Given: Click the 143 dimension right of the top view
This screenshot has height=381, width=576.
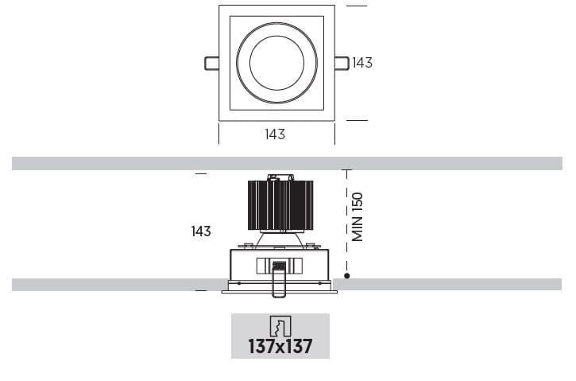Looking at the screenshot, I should click(362, 63).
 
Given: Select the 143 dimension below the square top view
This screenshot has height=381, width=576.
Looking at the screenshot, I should click(275, 134).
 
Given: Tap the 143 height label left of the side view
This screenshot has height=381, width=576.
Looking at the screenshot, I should click(201, 231).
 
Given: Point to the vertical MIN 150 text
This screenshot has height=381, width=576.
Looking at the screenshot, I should click(358, 216).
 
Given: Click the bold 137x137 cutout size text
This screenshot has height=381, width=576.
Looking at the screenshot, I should click(280, 347).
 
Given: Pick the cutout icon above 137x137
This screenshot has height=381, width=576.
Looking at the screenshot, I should click(280, 325).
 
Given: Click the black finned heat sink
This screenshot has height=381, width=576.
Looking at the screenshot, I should click(280, 205).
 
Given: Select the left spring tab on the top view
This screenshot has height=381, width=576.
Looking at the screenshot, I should click(211, 63).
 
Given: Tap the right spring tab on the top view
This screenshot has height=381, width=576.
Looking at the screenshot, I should click(342, 63).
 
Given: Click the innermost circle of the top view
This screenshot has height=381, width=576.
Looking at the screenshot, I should click(276, 63).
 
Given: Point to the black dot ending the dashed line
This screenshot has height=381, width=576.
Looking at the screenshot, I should click(347, 275).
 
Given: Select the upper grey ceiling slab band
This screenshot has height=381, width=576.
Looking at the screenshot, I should click(286, 164).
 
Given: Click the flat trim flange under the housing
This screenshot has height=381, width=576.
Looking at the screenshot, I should click(280, 290).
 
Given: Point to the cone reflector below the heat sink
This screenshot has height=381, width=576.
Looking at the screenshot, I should click(280, 238).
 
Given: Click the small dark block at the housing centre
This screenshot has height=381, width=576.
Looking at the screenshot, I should click(279, 266).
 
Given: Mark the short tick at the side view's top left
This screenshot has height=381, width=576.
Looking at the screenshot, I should click(200, 173).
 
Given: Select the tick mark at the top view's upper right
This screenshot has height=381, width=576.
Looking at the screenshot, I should click(357, 6).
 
